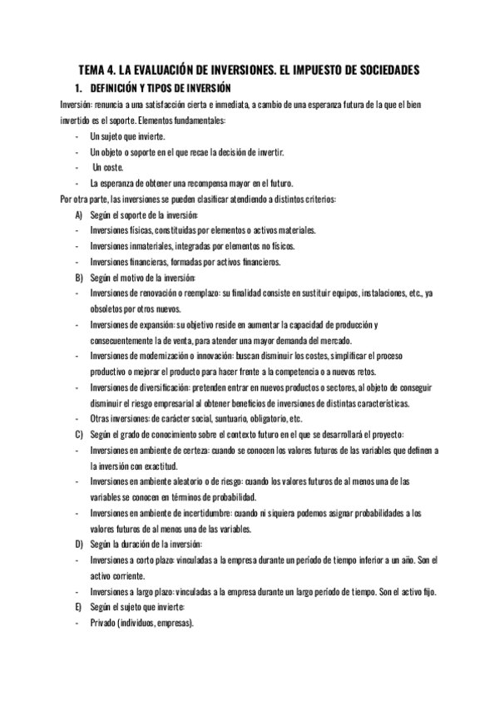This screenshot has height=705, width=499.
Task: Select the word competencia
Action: pyautogui.click(x=328, y=372)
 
